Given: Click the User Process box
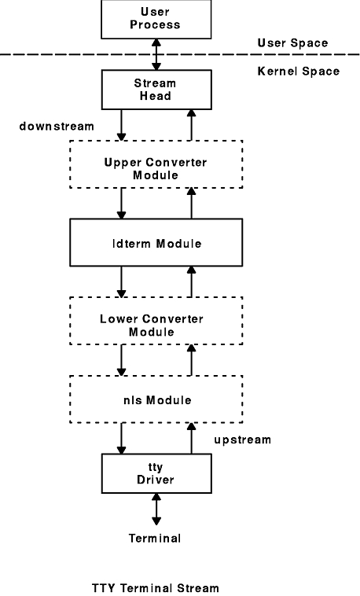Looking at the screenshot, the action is (x=156, y=19).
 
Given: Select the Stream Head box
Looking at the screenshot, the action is (x=156, y=90).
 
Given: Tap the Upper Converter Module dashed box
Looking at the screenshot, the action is (x=156, y=164).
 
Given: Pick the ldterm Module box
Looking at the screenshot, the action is (x=156, y=242).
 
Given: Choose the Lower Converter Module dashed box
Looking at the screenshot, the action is (x=156, y=321).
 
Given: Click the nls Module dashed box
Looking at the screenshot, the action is (x=156, y=399).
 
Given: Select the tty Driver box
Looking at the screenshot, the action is (x=156, y=473).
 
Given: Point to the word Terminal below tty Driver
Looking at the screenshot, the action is (x=155, y=539).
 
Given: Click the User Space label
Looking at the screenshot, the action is (x=292, y=43).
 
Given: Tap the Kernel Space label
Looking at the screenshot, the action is (x=299, y=71).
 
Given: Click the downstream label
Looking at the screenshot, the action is (x=57, y=126).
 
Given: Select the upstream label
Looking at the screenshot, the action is (x=243, y=440).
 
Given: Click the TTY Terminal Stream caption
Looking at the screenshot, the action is (x=156, y=588).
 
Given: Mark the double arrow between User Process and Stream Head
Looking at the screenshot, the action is (x=156, y=54).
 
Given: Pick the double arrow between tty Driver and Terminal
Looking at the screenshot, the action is (x=156, y=510).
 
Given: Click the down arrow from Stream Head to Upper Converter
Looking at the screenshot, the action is (x=121, y=125).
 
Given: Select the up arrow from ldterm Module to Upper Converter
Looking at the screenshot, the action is (x=191, y=204).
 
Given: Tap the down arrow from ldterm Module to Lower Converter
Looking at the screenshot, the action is (x=121, y=281).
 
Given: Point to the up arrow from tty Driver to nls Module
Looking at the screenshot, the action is (x=191, y=438).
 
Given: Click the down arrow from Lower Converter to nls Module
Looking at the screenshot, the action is (x=121, y=360).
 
